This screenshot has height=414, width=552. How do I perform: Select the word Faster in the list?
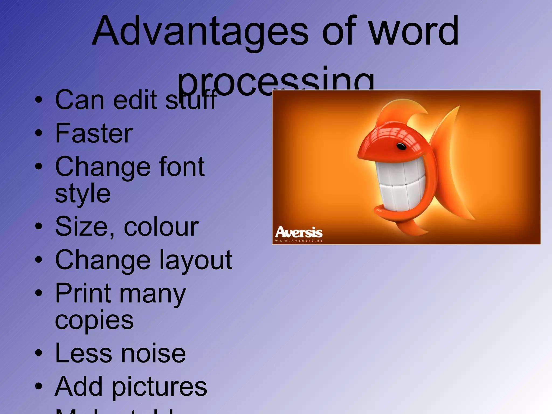click(x=94, y=133)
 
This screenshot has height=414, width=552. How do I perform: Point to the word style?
click(x=83, y=193)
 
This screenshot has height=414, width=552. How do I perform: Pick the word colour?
click(x=161, y=227)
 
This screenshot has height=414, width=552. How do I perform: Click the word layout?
click(x=195, y=260)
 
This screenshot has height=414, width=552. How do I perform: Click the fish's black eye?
click(x=401, y=146)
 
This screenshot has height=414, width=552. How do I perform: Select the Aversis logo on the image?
click(x=299, y=232)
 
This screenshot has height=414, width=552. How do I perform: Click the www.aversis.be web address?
click(x=299, y=241)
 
